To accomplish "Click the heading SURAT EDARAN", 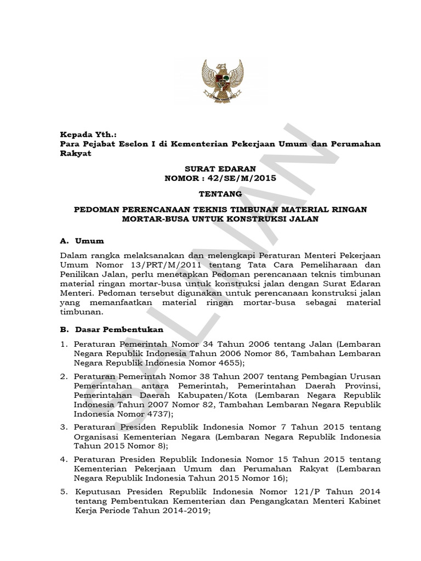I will tap(210, 168).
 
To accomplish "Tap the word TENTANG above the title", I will tap(210, 193).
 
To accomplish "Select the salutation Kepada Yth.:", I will tap(88, 134).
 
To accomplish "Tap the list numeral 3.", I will tap(64, 427).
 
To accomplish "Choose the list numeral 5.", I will tap(64, 491).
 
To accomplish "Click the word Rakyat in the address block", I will tap(75, 154).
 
